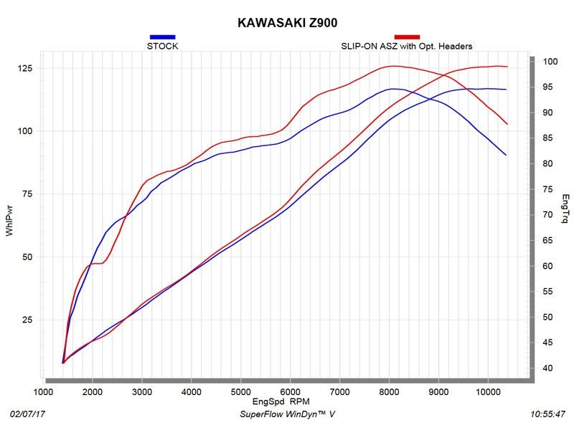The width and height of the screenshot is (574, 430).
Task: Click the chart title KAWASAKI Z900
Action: coord(287,22)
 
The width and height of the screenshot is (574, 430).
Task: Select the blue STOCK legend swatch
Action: coord(162,37)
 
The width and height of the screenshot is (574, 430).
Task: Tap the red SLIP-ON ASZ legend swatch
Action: coord(407,37)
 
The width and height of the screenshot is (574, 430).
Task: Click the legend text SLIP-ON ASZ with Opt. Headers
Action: coord(406,47)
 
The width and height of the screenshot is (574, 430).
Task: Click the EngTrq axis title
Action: coord(565,208)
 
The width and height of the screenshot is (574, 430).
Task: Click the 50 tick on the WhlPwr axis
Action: coord(27,257)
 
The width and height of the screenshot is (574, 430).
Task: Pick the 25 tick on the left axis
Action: coord(27,320)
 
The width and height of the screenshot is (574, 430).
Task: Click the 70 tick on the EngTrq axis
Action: coord(547,215)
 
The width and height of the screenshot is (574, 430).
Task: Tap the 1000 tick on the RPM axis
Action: coord(44,392)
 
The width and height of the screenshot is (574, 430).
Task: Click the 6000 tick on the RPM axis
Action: coord(290,392)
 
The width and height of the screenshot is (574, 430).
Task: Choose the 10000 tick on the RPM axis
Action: coord(487,392)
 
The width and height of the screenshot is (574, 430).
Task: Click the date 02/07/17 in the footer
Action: coord(27,415)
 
